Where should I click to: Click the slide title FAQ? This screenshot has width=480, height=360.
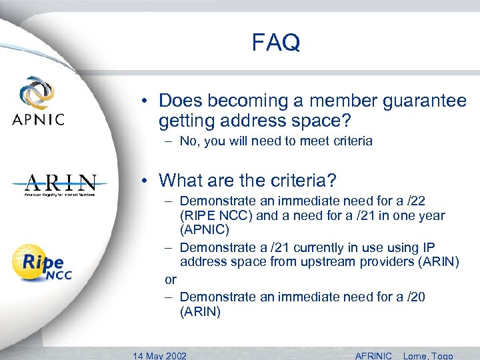[276, 43]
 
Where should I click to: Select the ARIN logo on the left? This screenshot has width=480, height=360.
[61, 184]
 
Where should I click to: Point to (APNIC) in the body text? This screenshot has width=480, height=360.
[205, 230]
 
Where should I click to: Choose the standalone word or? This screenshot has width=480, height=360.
[171, 279]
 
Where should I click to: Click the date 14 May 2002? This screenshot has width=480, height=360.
[159, 355]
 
